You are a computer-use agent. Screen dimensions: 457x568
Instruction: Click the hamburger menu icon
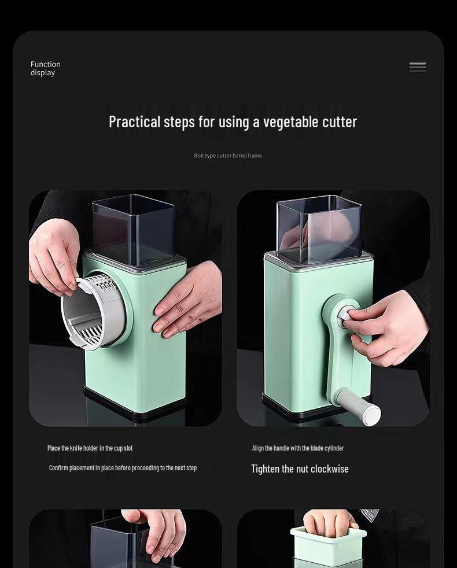[418, 67]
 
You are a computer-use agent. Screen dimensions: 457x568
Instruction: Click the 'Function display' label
[45, 68]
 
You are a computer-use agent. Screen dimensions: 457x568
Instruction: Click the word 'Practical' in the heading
[134, 121]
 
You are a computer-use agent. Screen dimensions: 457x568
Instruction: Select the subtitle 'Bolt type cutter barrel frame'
[228, 156]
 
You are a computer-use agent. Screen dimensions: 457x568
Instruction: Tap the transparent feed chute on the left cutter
[134, 230]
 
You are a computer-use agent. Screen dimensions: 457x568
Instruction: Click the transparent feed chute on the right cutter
[319, 229]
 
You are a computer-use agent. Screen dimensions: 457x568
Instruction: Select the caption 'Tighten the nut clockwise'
[300, 469]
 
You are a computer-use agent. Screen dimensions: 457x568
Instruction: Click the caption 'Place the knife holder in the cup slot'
[90, 448]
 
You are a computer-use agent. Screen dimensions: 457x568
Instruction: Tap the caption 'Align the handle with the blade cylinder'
[298, 448]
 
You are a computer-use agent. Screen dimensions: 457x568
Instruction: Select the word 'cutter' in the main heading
[340, 122]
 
